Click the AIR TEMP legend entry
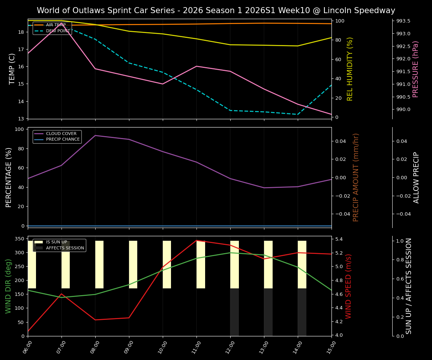pyautogui.click(x=55, y=25)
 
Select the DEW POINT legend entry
pyautogui.click(x=58, y=31)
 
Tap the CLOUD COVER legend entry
pyautogui.click(x=61, y=133)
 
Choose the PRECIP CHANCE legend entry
pyautogui.click(x=63, y=139)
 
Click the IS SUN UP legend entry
pyautogui.click(x=58, y=242)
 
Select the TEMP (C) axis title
pyautogui.click(x=12, y=69)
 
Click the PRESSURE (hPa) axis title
pyautogui.click(x=415, y=69)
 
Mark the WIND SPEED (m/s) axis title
pyautogui.click(x=349, y=286)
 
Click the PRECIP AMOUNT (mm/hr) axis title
pyautogui.click(x=356, y=177)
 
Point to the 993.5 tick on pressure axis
pyautogui.click(x=403, y=21)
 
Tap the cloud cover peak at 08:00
pyautogui.click(x=95, y=135)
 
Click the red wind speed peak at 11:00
pyautogui.click(x=196, y=240)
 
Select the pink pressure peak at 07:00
pyautogui.click(x=61, y=24)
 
